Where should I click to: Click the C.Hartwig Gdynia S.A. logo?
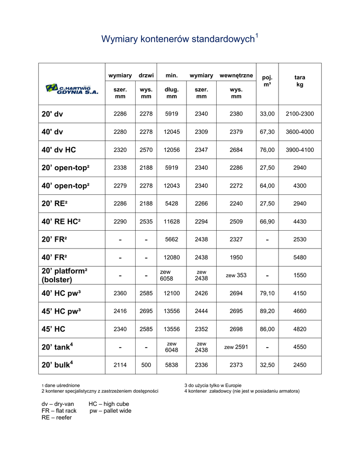point(72,88)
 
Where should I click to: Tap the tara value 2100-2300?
point(299,114)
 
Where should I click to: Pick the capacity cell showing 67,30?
point(267,132)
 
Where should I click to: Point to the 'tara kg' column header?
point(299,81)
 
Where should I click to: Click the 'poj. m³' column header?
point(267,81)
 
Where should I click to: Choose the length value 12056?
point(172,150)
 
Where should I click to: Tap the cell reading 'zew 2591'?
point(236,347)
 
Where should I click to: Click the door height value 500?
point(146,365)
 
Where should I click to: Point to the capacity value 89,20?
point(267,311)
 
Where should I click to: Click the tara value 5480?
point(299,257)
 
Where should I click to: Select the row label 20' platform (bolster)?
point(64,275)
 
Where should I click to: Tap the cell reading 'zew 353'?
point(236,275)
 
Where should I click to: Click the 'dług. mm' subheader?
point(172,93)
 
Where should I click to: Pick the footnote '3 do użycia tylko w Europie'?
point(213,385)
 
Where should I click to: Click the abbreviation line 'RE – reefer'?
point(56,417)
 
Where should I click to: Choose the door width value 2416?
point(120,311)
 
